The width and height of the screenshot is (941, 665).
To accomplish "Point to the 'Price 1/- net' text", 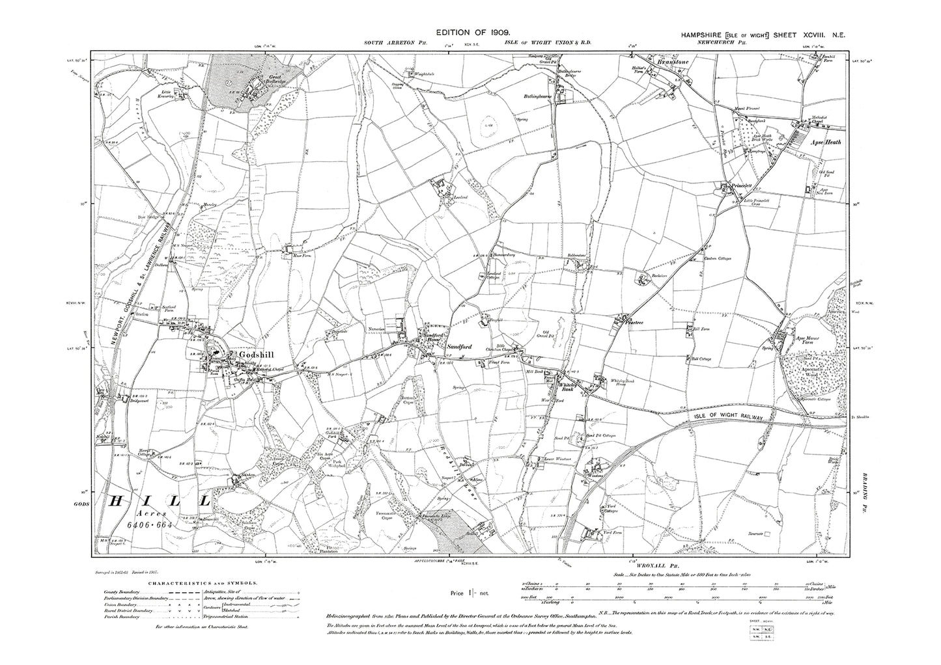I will pos(470,593).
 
